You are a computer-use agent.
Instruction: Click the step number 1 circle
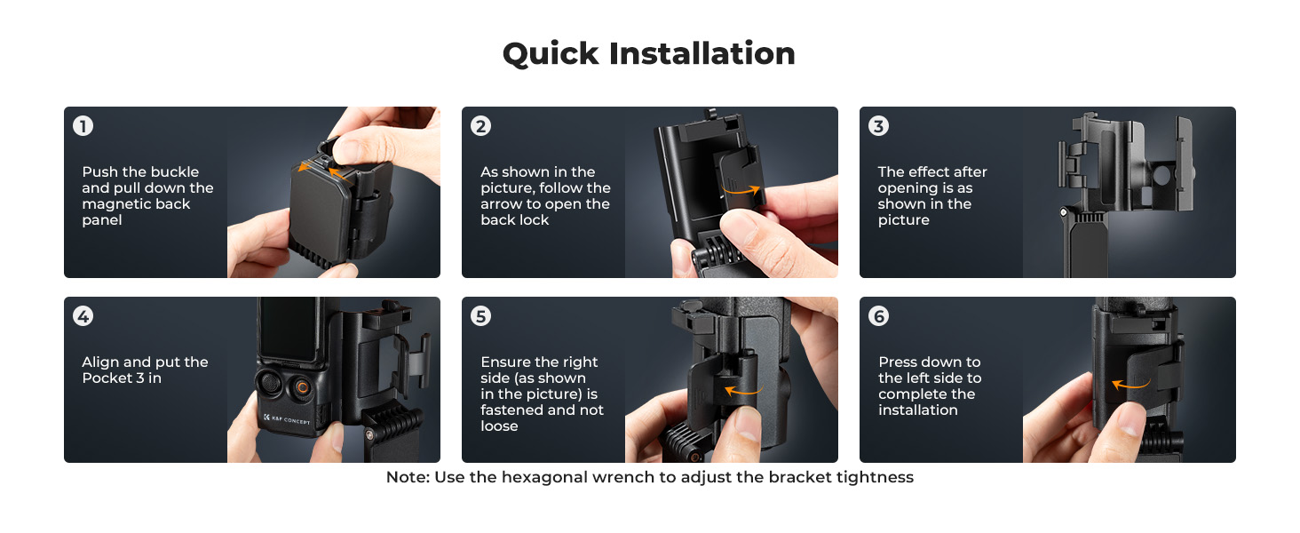(83, 126)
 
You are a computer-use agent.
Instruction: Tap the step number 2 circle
(480, 126)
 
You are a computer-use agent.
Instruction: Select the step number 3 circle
(879, 126)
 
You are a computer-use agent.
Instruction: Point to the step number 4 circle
(83, 316)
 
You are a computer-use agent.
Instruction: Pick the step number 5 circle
(480, 316)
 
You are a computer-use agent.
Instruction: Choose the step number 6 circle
(879, 316)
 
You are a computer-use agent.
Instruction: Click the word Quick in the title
(551, 54)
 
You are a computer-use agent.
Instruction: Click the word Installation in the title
(702, 53)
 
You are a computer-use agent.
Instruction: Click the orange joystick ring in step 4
(303, 387)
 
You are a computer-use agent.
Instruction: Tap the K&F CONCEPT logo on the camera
(287, 419)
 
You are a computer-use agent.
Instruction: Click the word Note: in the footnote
(408, 477)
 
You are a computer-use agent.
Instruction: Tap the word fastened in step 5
(514, 410)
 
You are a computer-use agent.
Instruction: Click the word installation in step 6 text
(918, 410)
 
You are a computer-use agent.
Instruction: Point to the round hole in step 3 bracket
(1161, 175)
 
